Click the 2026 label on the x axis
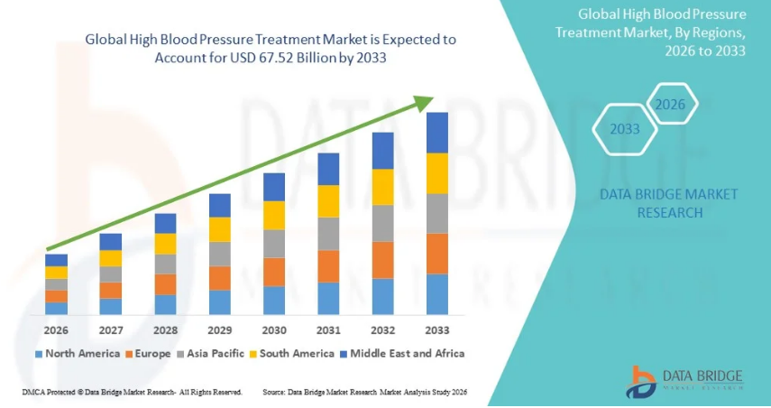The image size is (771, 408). (56, 330)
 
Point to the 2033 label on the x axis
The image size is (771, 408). (437, 330)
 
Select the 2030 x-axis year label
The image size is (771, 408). (274, 330)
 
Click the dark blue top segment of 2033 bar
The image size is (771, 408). (437, 133)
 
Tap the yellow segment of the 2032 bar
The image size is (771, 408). (383, 187)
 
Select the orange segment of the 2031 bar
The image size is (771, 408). (328, 266)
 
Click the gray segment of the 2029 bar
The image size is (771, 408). (219, 254)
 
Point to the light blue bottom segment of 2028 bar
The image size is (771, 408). (165, 304)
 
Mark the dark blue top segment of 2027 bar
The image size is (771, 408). (111, 241)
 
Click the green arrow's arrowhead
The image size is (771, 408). (424, 103)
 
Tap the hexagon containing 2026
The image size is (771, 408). (670, 105)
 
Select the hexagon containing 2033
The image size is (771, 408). (624, 129)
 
